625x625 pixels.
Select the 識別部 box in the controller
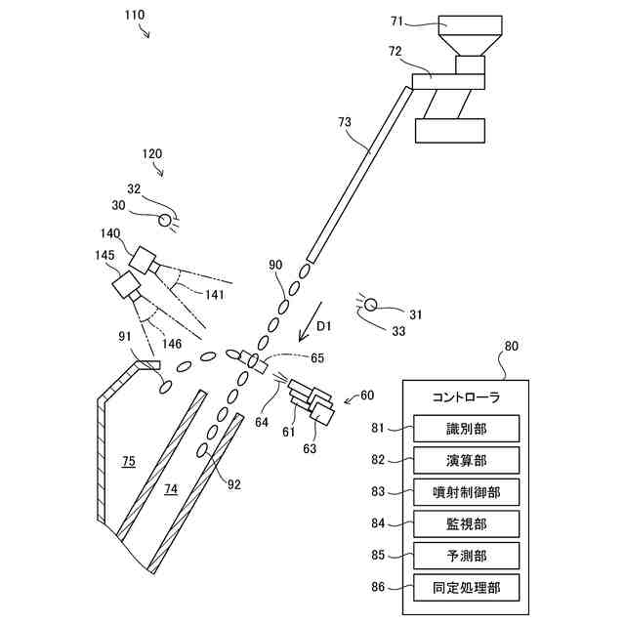coord(466,429)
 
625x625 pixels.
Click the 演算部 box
coord(466,460)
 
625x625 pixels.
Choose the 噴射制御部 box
coord(466,492)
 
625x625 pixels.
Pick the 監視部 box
coord(466,524)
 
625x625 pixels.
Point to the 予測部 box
coord(466,556)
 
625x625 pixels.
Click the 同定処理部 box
coord(466,588)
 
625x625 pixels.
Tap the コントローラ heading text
coord(466,396)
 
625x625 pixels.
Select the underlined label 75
coord(129,459)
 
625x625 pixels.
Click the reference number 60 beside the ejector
coord(366,396)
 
